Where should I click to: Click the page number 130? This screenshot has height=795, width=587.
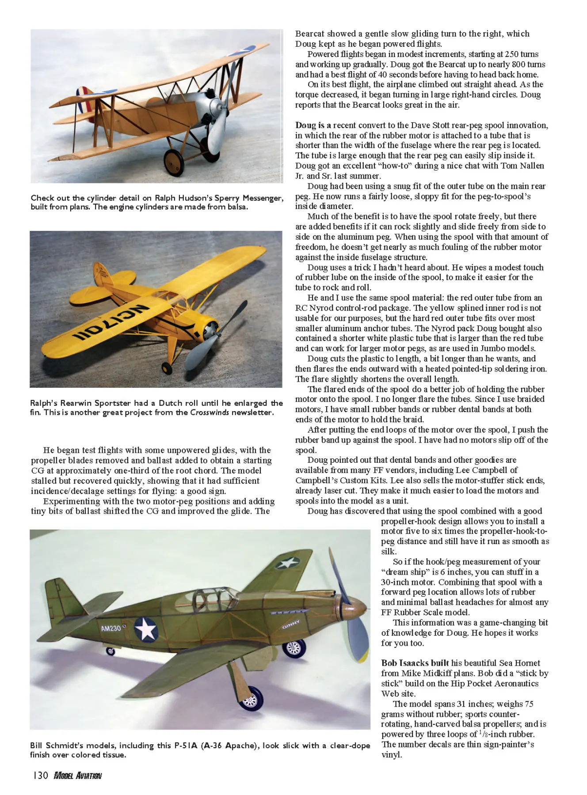[40, 776]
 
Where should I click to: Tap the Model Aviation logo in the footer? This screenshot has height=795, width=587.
[78, 776]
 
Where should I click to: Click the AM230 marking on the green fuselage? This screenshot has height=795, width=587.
[111, 628]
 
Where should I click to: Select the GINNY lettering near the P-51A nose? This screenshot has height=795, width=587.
[291, 625]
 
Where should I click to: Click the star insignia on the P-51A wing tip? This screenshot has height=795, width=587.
[288, 562]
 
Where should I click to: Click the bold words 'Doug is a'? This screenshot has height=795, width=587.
[313, 125]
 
